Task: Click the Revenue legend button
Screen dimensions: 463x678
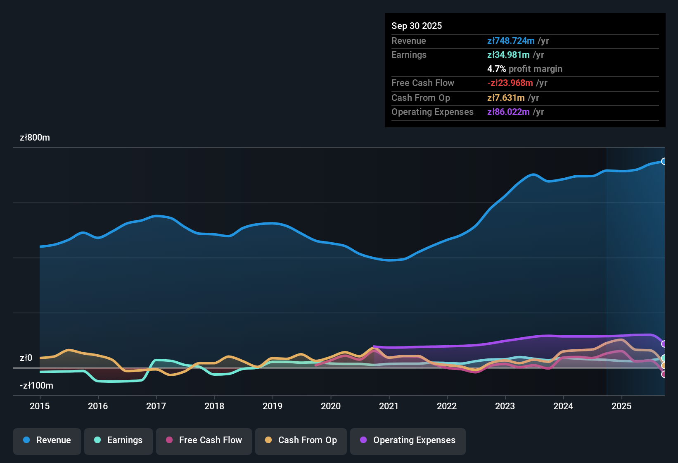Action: click(x=47, y=440)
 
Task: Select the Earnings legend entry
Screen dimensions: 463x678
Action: click(x=119, y=440)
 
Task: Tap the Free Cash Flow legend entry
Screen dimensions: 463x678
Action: click(x=204, y=440)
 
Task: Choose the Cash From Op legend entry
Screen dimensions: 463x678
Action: click(x=301, y=440)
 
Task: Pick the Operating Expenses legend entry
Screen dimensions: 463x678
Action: click(x=408, y=440)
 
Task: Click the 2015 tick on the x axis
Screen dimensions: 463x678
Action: click(x=40, y=406)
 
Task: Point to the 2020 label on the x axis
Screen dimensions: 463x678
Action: click(x=331, y=406)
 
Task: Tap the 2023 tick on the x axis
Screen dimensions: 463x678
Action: click(x=505, y=406)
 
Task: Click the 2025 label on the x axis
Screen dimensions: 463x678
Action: click(x=621, y=406)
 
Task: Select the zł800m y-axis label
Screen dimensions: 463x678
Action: click(x=35, y=138)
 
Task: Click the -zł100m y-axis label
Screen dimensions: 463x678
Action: click(x=36, y=386)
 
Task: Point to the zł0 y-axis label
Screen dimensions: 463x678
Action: click(x=26, y=358)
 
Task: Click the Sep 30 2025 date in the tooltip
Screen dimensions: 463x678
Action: click(x=417, y=26)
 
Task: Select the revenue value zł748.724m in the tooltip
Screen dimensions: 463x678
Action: click(x=511, y=41)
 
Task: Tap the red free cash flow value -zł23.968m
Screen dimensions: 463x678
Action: click(x=510, y=83)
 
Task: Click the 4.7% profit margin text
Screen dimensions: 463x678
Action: click(x=524, y=69)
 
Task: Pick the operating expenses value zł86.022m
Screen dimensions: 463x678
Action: click(x=508, y=112)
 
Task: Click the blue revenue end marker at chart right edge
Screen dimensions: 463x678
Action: click(x=664, y=161)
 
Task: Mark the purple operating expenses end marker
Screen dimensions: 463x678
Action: click(x=664, y=344)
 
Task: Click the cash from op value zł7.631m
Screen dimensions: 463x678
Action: click(x=506, y=98)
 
